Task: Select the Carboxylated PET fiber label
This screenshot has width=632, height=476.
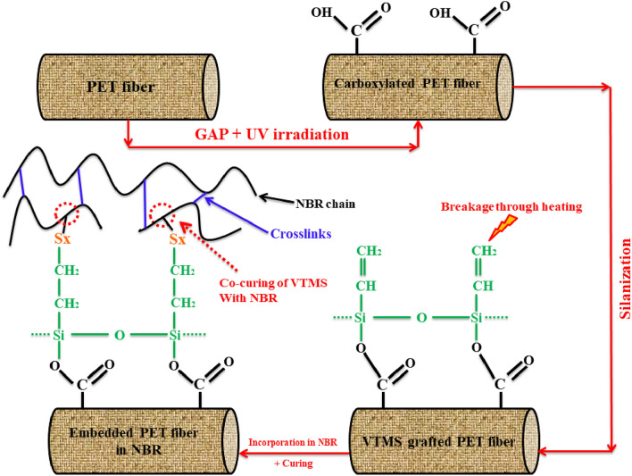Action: pyautogui.click(x=418, y=85)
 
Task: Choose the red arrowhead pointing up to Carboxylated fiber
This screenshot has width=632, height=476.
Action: pyautogui.click(x=417, y=125)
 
